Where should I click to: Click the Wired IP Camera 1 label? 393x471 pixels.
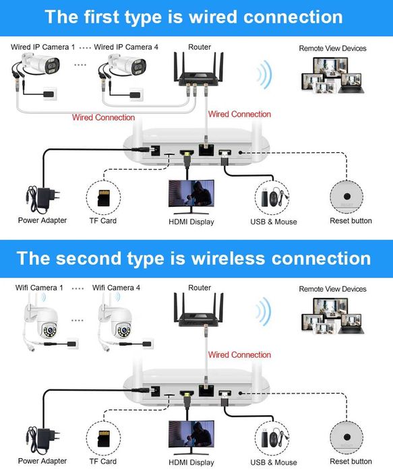[43, 47]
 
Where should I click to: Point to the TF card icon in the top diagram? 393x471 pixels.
[104, 197]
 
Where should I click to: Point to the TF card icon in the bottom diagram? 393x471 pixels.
[104, 438]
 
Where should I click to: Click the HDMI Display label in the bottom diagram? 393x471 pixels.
[191, 463]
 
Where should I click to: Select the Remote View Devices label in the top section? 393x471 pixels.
[332, 49]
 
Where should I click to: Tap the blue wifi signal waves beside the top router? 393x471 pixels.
[265, 74]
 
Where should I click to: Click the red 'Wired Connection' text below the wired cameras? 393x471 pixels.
[104, 118]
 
